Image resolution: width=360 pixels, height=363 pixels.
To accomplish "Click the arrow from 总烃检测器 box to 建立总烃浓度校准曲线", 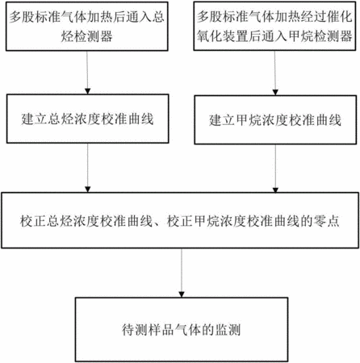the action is pyautogui.click(x=87, y=73).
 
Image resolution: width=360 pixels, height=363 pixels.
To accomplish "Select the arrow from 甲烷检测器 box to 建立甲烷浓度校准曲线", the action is pyautogui.click(x=275, y=73).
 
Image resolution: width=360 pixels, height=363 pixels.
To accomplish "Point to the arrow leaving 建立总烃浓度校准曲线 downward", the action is pyautogui.click(x=88, y=168).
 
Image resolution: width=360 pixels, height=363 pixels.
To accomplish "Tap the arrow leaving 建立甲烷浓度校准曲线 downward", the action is pyautogui.click(x=275, y=169).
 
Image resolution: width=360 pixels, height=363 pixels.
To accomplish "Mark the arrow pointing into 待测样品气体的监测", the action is pyautogui.click(x=182, y=273).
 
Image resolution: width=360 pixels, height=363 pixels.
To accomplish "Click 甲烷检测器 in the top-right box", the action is pyautogui.click(x=320, y=35).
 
